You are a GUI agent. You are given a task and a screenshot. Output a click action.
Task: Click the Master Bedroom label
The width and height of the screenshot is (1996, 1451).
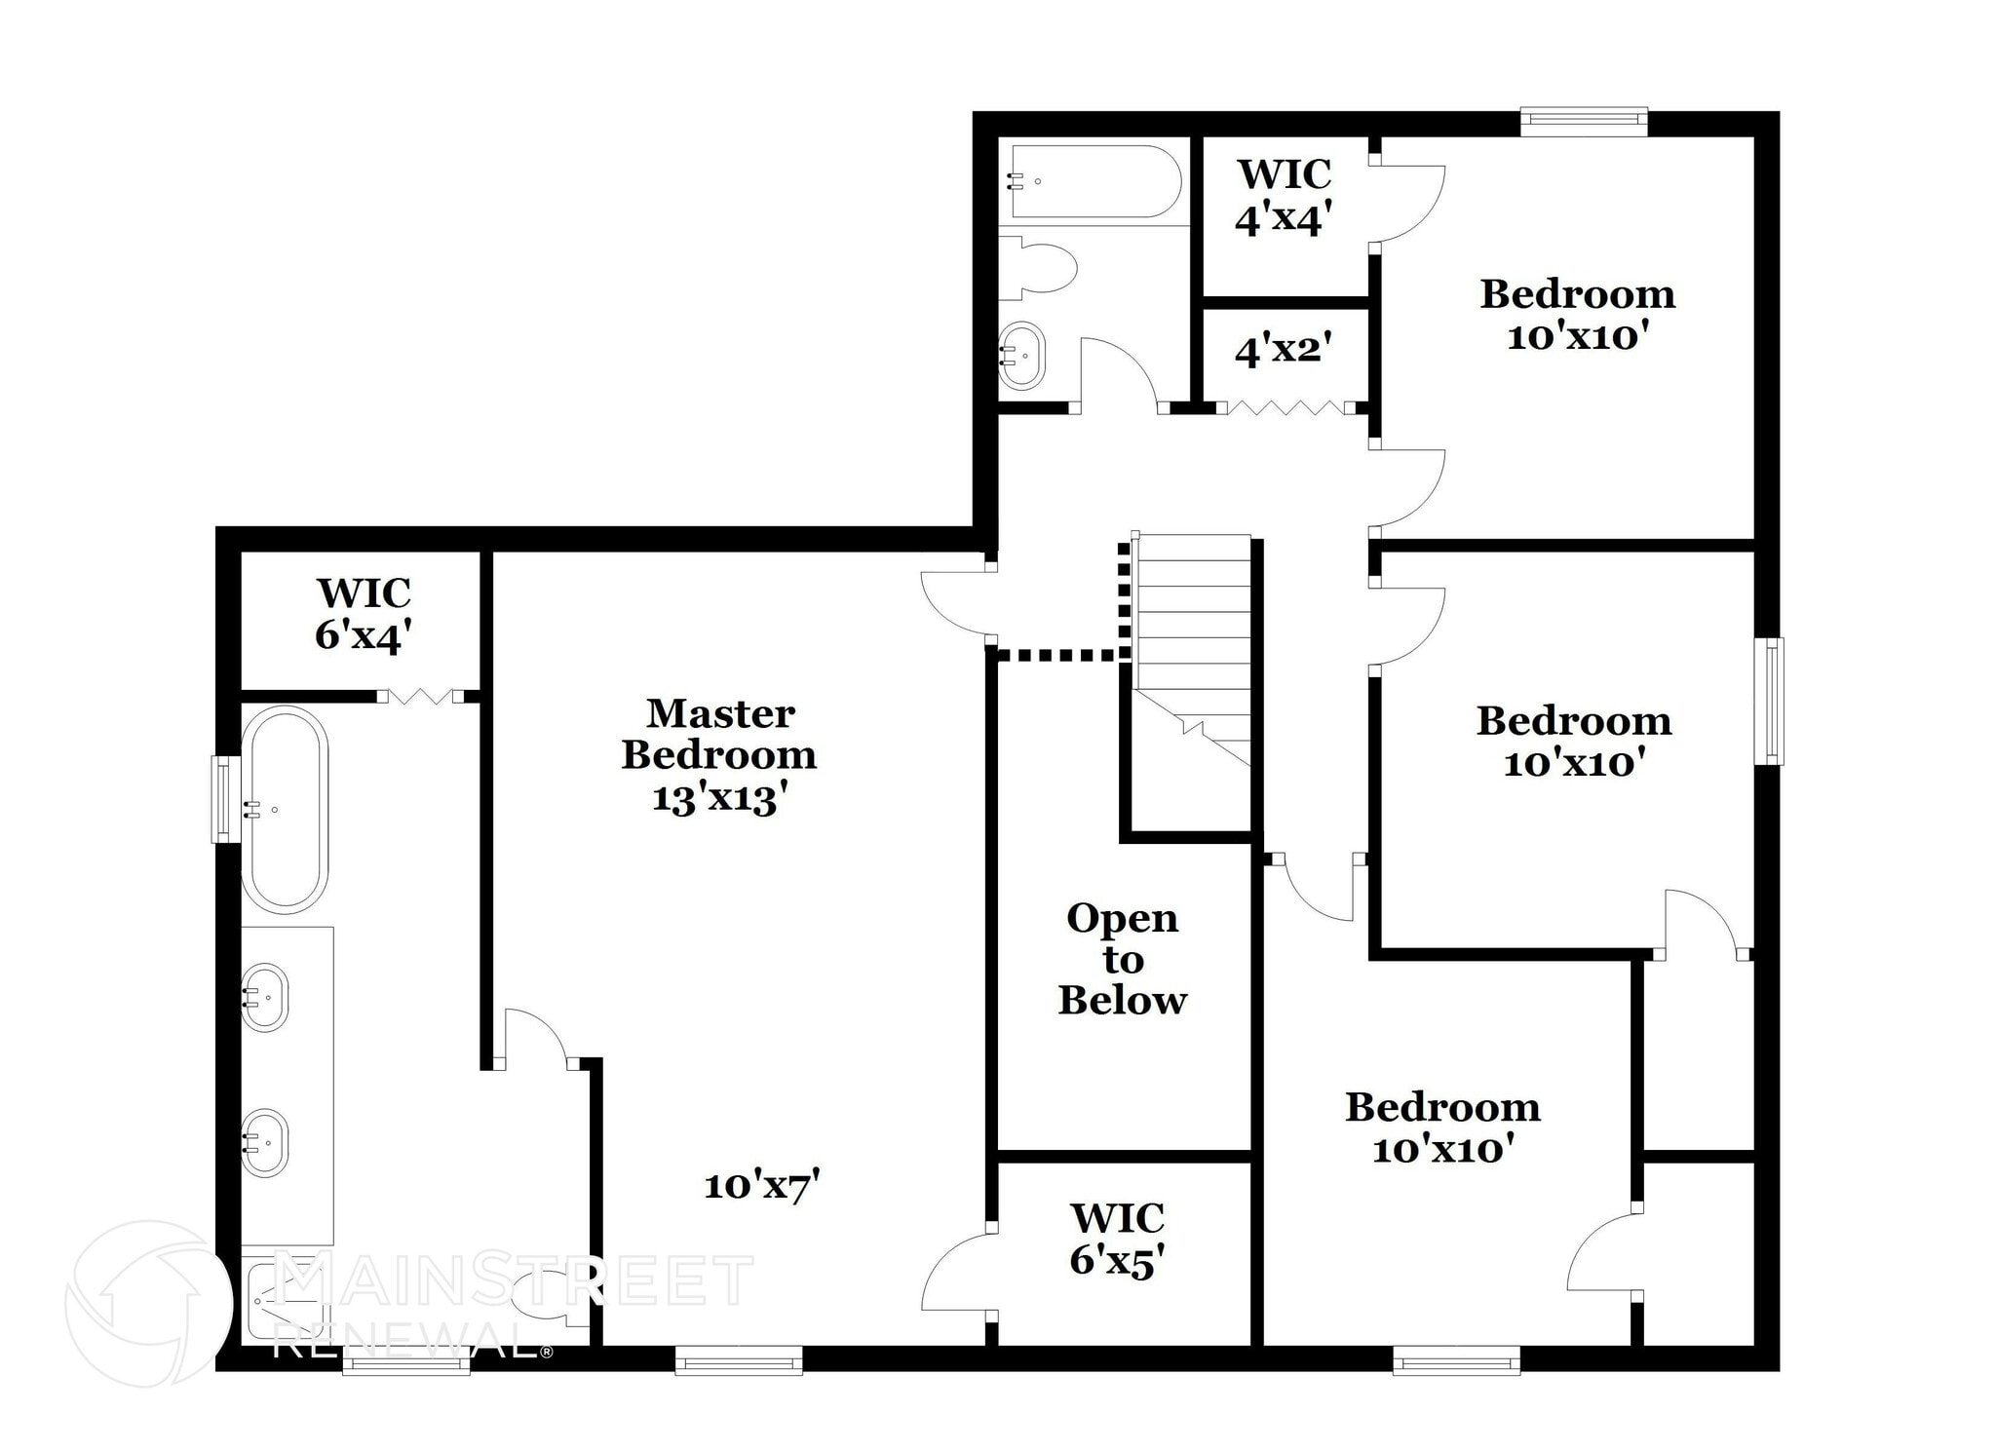[719, 734]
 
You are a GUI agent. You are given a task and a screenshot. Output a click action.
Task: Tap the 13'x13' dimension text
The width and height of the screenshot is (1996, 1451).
[719, 799]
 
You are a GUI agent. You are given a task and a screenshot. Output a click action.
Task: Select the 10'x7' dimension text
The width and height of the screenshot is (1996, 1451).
[761, 1186]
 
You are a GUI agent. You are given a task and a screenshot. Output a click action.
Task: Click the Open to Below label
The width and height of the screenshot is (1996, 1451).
[1123, 959]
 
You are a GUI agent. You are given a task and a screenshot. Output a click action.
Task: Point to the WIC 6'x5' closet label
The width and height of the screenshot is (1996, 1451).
[1118, 1240]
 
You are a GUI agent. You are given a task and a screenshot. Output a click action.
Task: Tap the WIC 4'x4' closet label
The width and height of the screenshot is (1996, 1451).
[1284, 197]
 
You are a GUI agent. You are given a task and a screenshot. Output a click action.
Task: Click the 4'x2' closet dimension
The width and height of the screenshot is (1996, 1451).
[1283, 349]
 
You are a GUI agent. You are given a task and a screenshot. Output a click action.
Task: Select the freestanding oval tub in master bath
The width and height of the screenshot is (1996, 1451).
[284, 809]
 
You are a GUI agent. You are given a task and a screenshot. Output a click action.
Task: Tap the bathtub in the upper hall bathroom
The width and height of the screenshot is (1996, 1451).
[1094, 181]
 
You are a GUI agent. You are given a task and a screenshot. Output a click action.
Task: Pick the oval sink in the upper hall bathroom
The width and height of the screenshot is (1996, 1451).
[1022, 355]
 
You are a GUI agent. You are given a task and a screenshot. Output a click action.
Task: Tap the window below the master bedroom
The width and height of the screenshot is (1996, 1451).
[739, 1360]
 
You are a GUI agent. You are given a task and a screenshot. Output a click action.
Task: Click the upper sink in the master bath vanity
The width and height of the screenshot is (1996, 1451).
[264, 997]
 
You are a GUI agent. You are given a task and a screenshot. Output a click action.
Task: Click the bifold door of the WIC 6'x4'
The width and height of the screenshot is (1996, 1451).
[420, 696]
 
